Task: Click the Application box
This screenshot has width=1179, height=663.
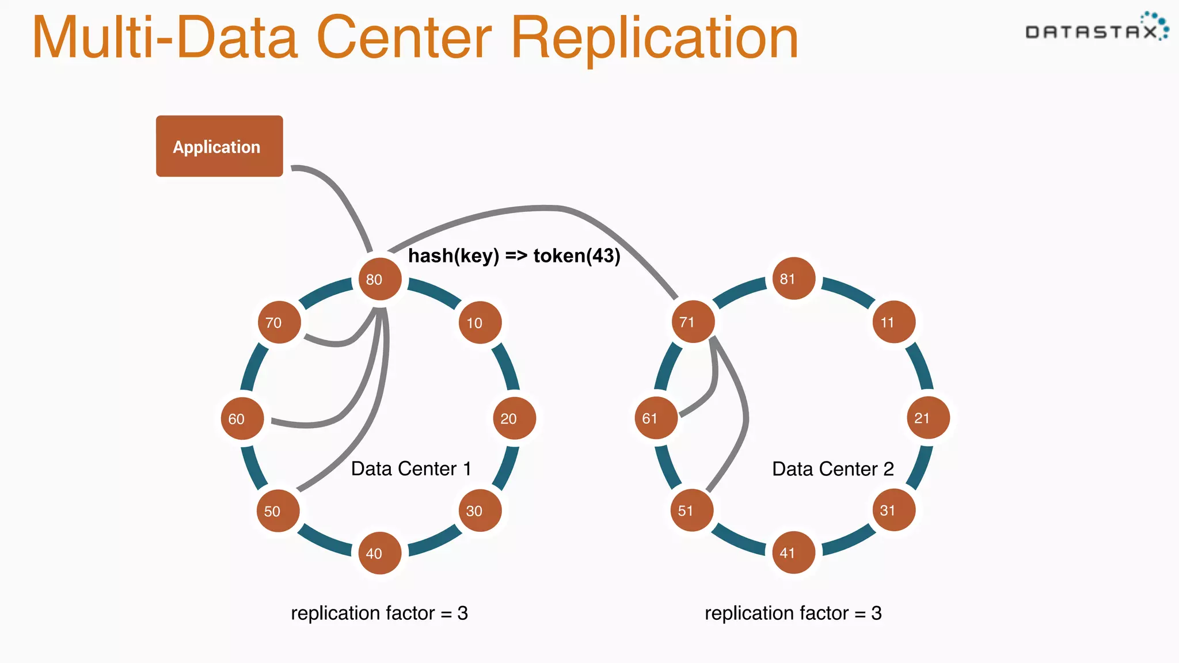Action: coord(219,146)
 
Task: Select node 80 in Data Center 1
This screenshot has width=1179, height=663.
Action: coord(380,279)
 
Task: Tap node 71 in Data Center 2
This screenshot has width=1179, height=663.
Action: coord(693,322)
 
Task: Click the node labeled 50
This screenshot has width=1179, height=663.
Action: coord(278,510)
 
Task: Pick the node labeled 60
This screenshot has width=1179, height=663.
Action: coord(242,418)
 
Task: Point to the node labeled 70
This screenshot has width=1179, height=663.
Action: coord(279,322)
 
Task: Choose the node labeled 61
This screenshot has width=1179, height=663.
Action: coord(656,418)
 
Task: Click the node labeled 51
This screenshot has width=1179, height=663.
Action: coord(692,510)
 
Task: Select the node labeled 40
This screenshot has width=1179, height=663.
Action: coord(380,553)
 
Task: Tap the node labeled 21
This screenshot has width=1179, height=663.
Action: coord(928,418)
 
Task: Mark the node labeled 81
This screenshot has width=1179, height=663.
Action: coord(794,279)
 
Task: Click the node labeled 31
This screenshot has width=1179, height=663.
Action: coord(894,510)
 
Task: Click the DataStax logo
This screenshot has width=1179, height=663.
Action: coord(1097,28)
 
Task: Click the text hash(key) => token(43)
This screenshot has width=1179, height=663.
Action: coord(514,256)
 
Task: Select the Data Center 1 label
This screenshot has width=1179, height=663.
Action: coord(411,468)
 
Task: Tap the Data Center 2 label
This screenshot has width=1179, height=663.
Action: coord(832,468)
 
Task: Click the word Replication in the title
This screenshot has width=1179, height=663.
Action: coord(655,37)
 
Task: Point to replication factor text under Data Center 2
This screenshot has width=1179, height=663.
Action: coord(793,613)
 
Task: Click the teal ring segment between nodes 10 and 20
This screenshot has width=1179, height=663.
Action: coord(506,367)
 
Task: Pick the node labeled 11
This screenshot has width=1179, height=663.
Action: coord(894,322)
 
